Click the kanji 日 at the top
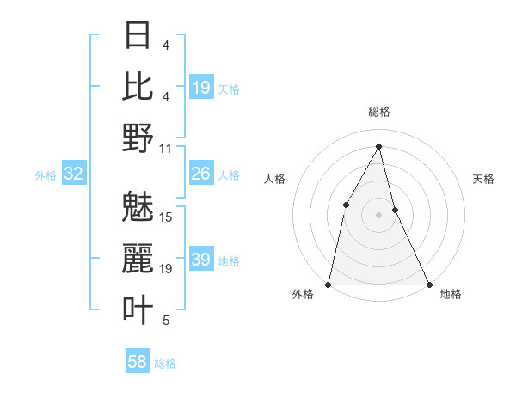[x=138, y=36]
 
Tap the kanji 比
[x=138, y=87]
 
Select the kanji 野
[x=138, y=138]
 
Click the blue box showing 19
[x=201, y=88]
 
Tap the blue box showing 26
[x=201, y=174]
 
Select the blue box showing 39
[x=201, y=260]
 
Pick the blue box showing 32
[x=74, y=174]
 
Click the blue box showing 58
[x=138, y=362]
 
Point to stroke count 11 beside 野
[x=166, y=148]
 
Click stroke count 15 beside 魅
[x=166, y=217]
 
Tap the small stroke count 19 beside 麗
[x=166, y=269]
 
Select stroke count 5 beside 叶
[x=166, y=321]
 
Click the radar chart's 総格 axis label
[x=379, y=112]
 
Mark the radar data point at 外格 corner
[x=329, y=284]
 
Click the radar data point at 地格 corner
[x=428, y=284]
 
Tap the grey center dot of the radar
[x=378, y=214]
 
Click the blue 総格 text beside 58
[x=165, y=364]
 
